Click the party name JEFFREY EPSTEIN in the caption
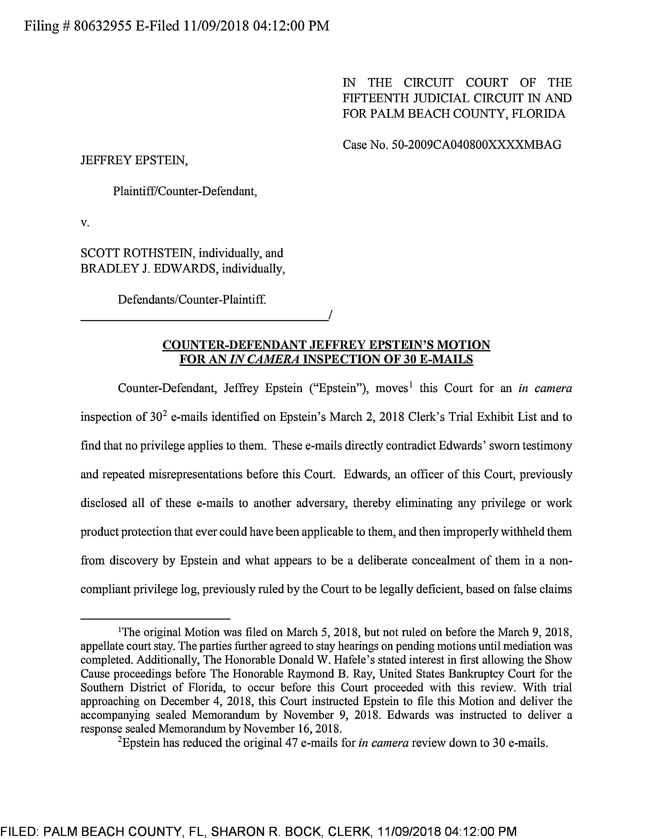pos(134,160)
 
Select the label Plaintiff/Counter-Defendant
pos(185,191)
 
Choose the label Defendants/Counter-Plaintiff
pos(192,299)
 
